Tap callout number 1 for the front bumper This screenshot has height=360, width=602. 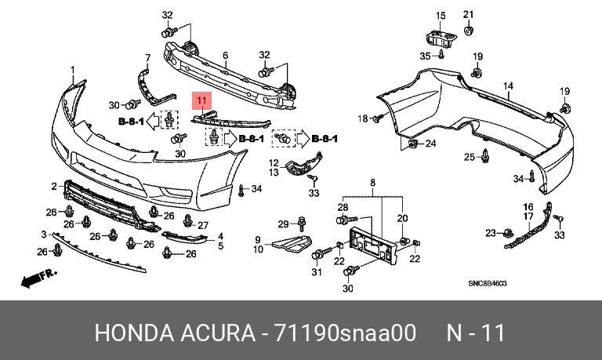click(73, 70)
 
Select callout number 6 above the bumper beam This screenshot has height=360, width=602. click(225, 55)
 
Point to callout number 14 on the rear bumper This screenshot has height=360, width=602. click(508, 85)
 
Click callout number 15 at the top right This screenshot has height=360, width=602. click(440, 16)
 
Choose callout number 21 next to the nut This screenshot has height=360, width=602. click(469, 14)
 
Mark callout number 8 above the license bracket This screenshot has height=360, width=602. click(372, 182)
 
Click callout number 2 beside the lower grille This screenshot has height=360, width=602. click(54, 187)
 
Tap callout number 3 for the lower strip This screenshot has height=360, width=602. click(44, 235)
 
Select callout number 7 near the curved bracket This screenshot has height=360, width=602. click(147, 57)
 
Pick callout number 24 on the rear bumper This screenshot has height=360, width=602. click(430, 144)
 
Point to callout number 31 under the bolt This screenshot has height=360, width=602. click(317, 271)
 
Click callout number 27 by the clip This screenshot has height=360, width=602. click(203, 226)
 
